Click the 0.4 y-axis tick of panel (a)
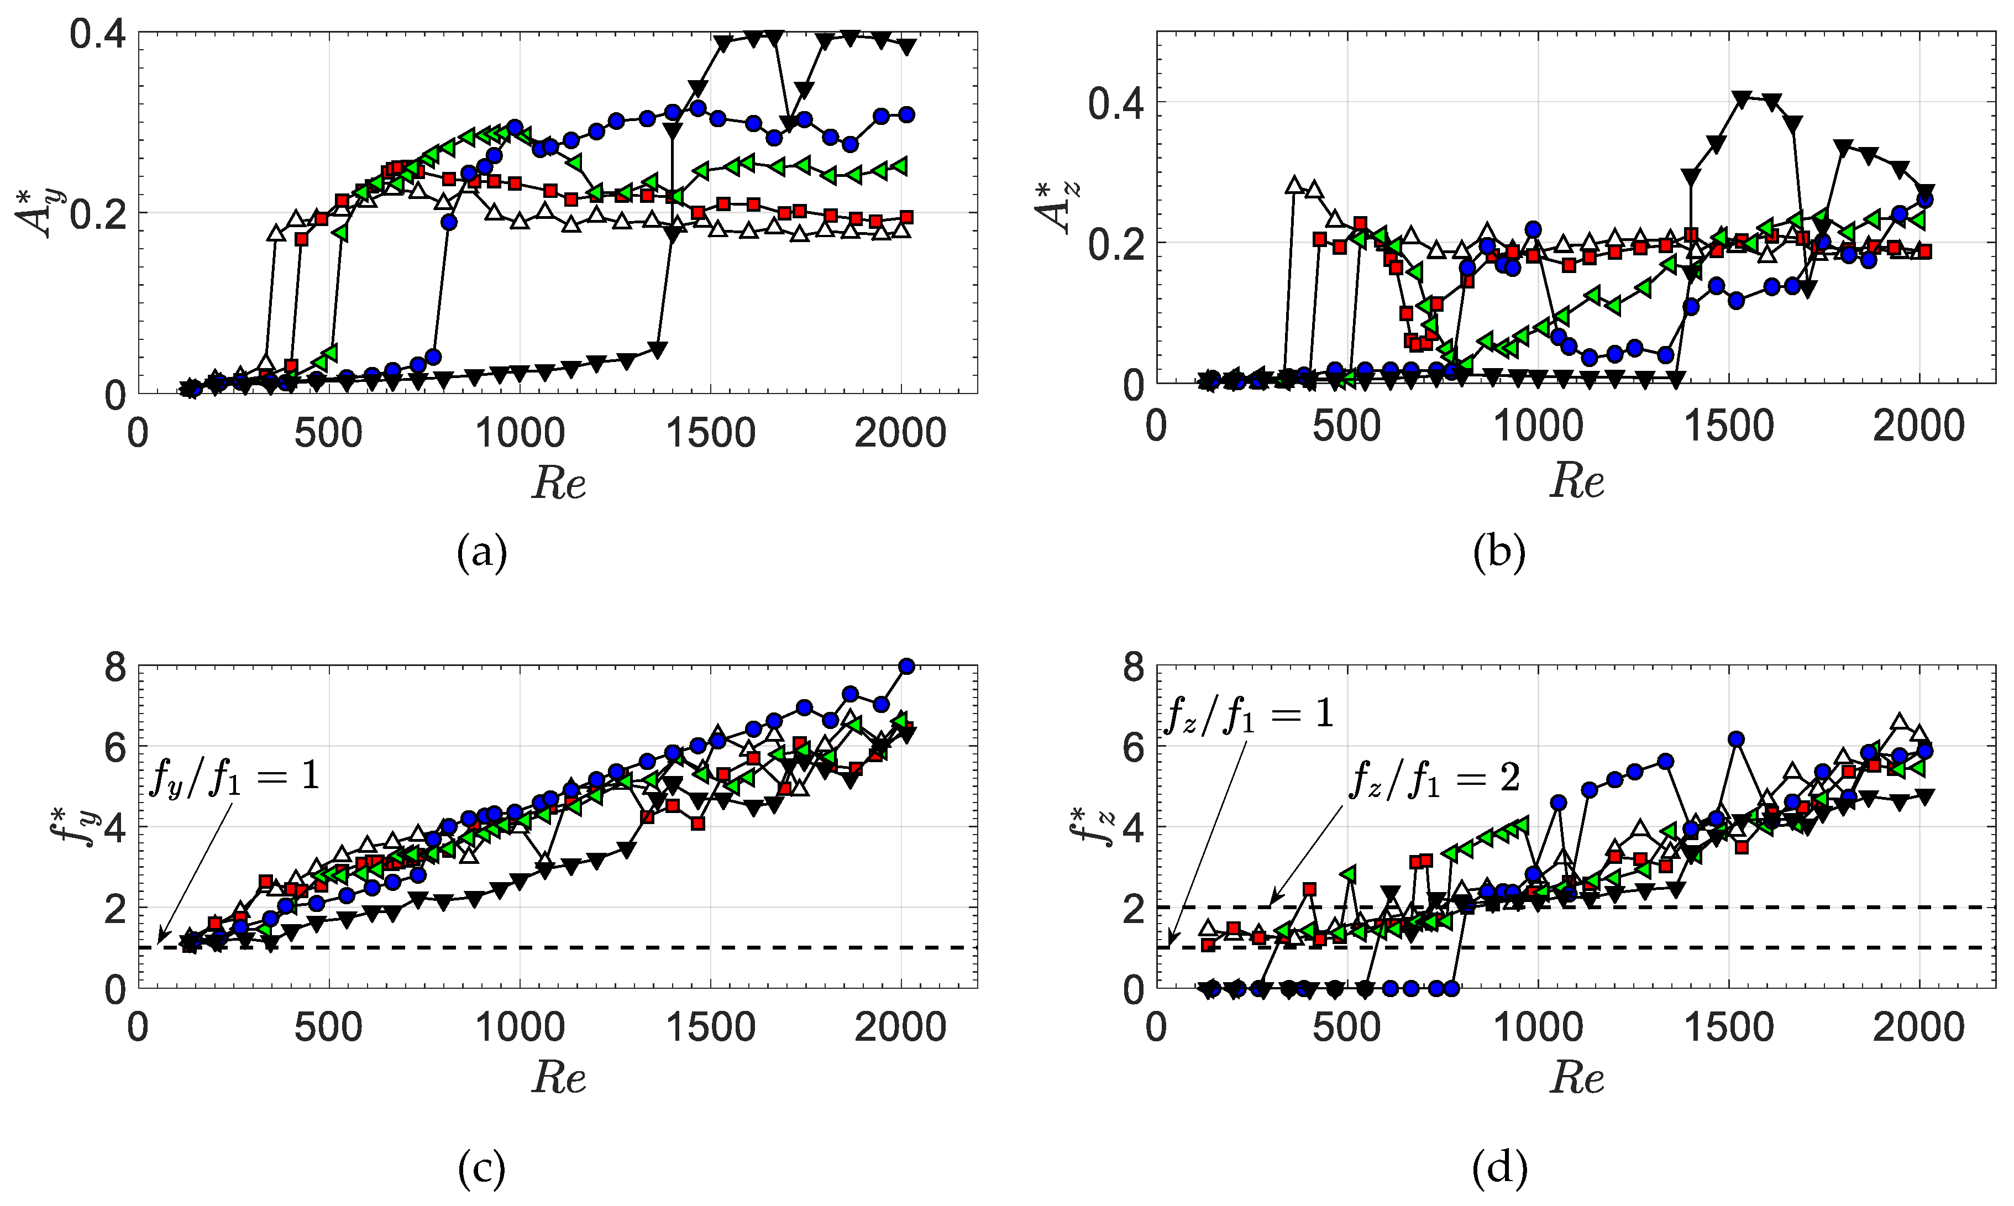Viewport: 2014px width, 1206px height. pos(97,34)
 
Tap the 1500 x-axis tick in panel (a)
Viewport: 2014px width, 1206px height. pos(710,434)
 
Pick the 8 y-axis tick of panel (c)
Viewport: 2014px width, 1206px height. pos(116,668)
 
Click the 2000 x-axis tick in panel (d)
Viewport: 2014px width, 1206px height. pos(1919,1028)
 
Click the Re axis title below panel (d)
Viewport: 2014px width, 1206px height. pos(1576,1078)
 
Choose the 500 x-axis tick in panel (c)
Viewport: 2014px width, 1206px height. pos(328,1028)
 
